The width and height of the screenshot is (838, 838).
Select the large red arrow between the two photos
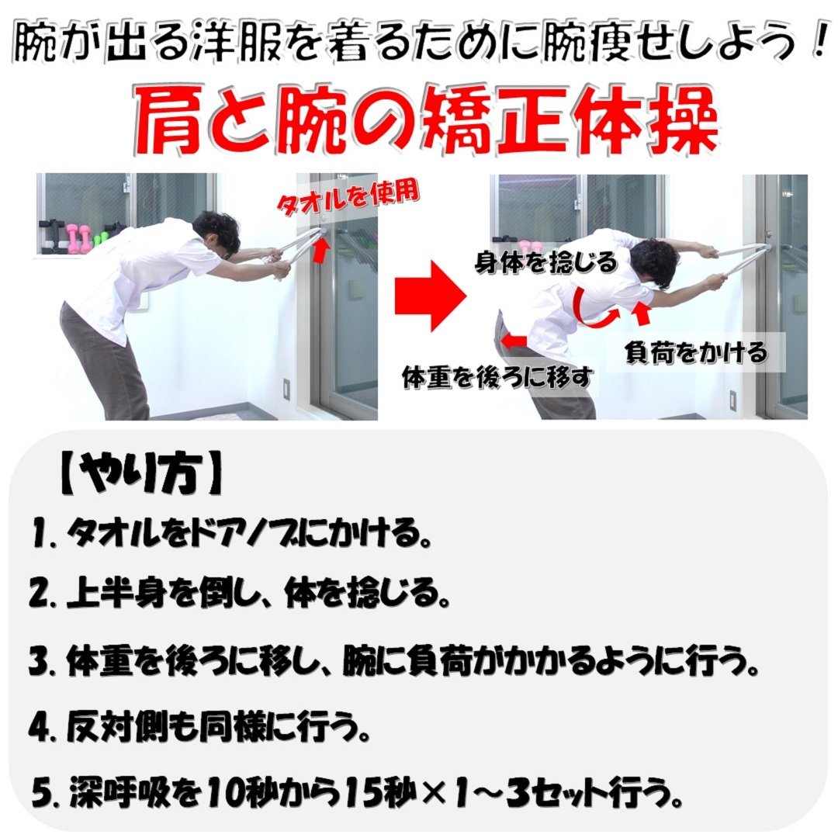click(x=430, y=296)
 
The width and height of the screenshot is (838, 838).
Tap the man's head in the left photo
click(x=213, y=230)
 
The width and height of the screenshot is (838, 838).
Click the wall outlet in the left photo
click(x=285, y=388)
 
